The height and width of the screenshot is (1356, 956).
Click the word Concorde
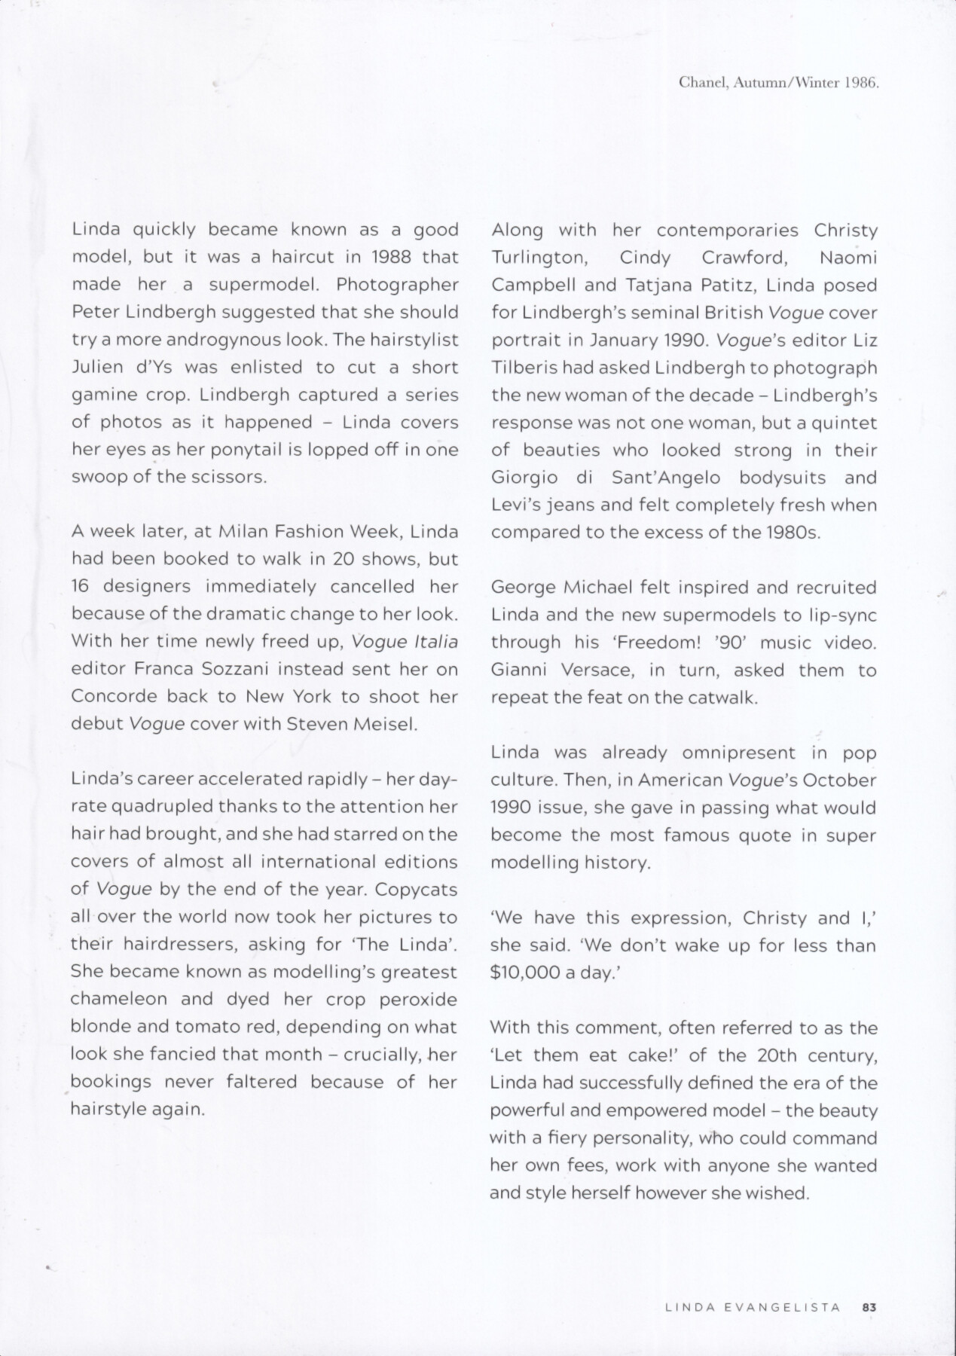point(115,696)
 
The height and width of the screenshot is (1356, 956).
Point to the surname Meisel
point(377,724)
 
